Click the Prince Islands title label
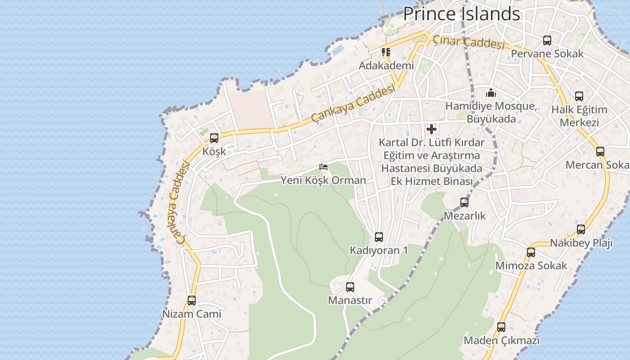pos(461,14)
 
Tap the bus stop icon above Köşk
pos(214,138)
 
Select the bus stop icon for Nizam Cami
pos(192,300)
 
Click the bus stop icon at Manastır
pos(350,287)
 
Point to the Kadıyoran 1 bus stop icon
pos(379,237)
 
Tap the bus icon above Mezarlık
pos(464,202)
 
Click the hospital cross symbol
pos(432,130)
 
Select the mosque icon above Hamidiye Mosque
pos(491,93)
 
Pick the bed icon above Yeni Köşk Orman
pos(324,167)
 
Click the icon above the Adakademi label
pos(386,52)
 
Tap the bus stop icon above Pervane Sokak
pos(547,40)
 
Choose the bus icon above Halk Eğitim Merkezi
pos(579,96)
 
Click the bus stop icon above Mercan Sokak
pos(600,151)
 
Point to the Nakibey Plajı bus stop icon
pos(581,229)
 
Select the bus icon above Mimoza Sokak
pos(531,252)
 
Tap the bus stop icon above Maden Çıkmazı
pos(501,327)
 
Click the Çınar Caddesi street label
pos(468,43)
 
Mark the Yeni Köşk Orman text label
pos(324,180)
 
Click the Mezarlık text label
pos(465,216)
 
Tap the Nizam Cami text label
pos(192,314)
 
